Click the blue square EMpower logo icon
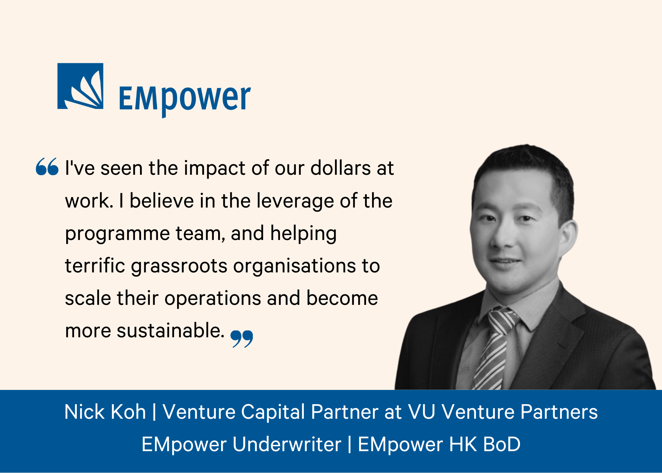coord(80,86)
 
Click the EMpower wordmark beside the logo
coord(185,100)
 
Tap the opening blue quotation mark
coord(47,166)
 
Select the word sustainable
coord(171,330)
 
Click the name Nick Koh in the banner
coord(105,412)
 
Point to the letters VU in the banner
coord(421,412)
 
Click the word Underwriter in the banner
coord(287,444)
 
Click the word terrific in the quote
coord(95,266)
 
